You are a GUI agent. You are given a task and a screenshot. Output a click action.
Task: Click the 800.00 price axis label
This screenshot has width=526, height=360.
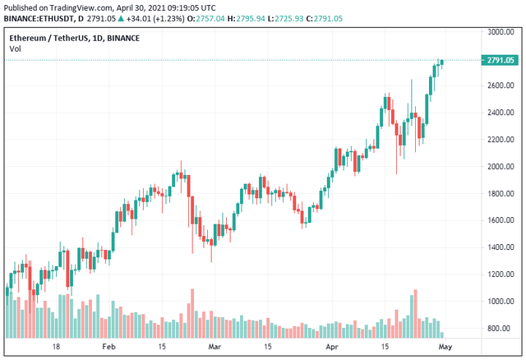point(502,329)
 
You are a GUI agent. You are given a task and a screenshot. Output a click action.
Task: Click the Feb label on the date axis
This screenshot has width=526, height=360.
point(108,348)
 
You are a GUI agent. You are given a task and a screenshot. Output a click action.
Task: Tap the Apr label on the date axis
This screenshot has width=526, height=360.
point(331,348)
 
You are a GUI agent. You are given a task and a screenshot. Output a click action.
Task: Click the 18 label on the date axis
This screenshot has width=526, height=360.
point(56,348)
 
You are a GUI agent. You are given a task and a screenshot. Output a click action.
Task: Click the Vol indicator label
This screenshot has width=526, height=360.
point(15,49)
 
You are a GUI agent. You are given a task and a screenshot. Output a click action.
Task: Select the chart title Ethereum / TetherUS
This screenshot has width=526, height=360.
point(52,38)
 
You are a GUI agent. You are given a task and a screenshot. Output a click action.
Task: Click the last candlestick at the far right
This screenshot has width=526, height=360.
point(441,61)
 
